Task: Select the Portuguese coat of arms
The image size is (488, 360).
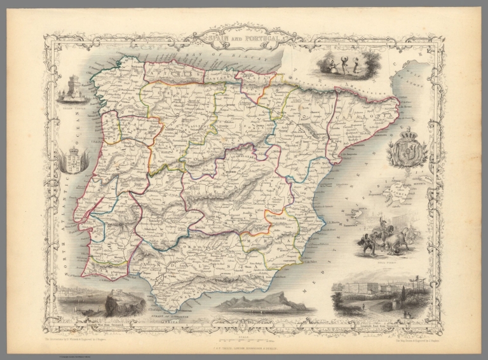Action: click(x=73, y=159)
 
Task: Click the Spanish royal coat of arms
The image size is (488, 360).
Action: click(x=406, y=150)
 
